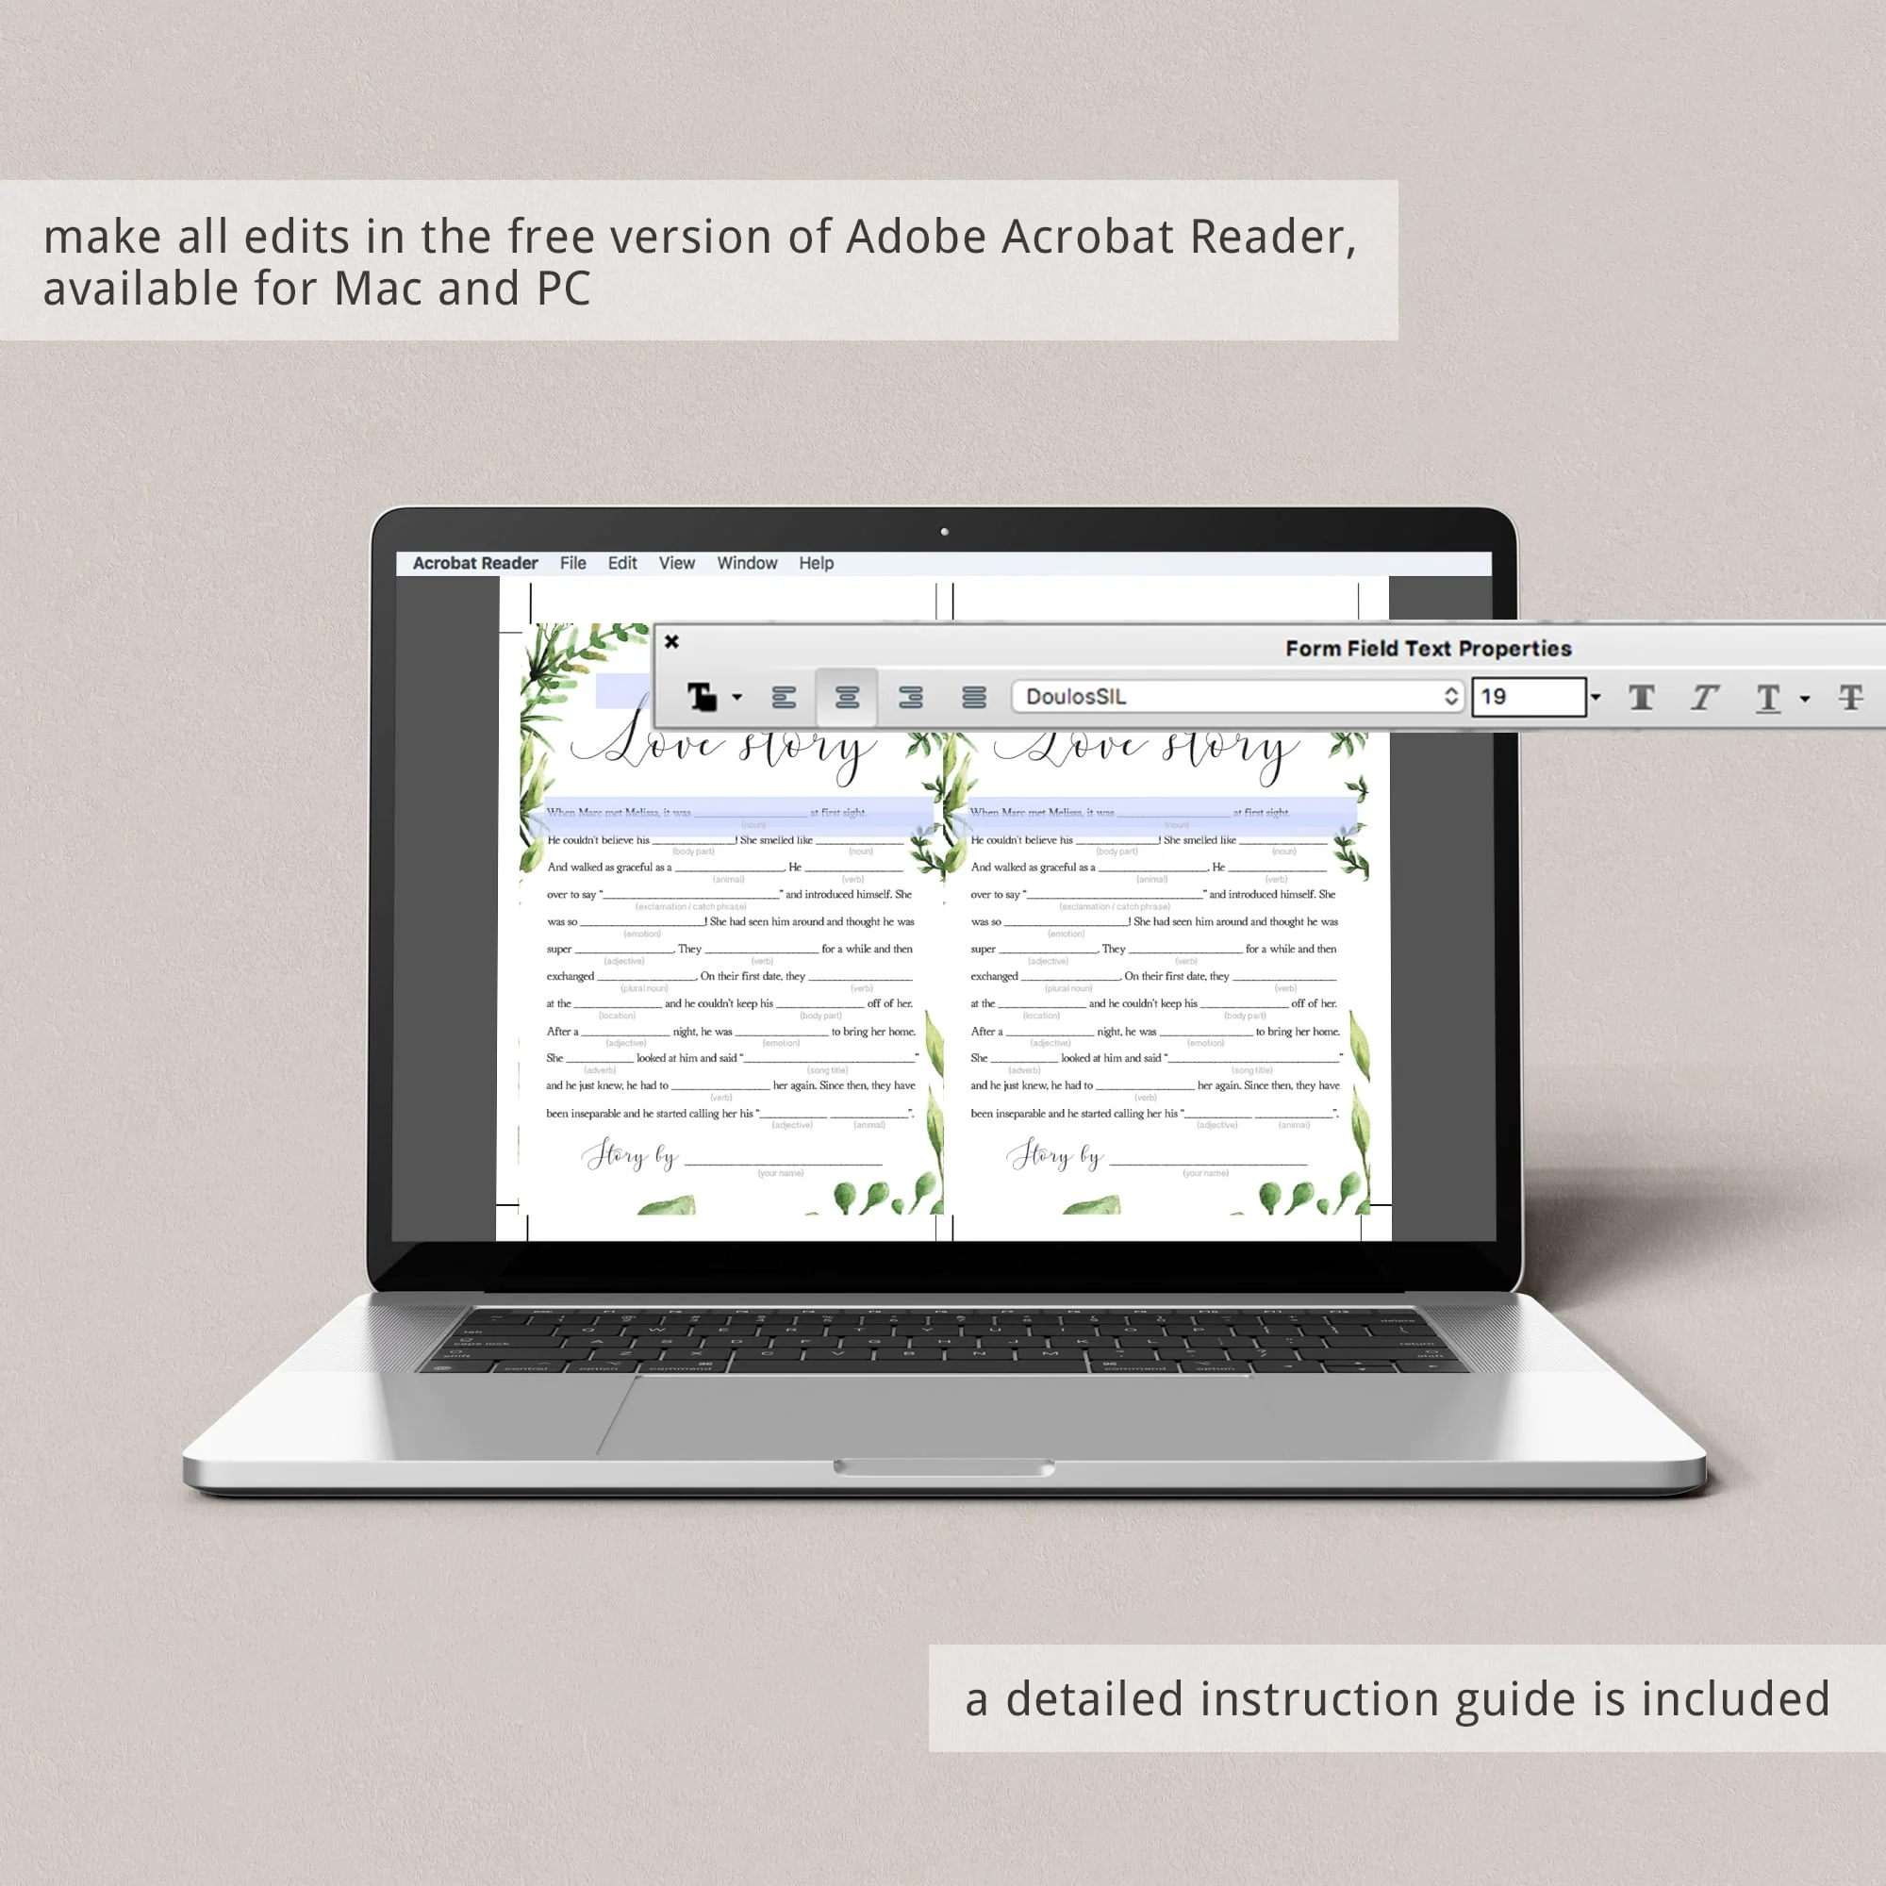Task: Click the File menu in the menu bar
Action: coord(573,563)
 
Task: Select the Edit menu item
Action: coord(621,563)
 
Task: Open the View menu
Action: coord(676,563)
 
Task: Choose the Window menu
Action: coord(747,563)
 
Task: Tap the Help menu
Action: coord(816,563)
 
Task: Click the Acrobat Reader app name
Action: coord(475,563)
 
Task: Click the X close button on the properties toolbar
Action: coord(671,641)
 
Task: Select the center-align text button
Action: coord(847,697)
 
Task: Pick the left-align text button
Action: coord(784,697)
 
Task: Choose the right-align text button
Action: coord(911,697)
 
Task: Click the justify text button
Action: coord(973,697)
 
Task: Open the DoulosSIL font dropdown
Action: coord(1237,696)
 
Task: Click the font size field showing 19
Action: coord(1528,697)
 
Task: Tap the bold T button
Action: coord(1642,697)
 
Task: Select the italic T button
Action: coord(1704,697)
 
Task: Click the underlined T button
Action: coord(1768,697)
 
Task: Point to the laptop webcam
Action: coord(944,532)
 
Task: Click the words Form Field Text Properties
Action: coord(1428,648)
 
